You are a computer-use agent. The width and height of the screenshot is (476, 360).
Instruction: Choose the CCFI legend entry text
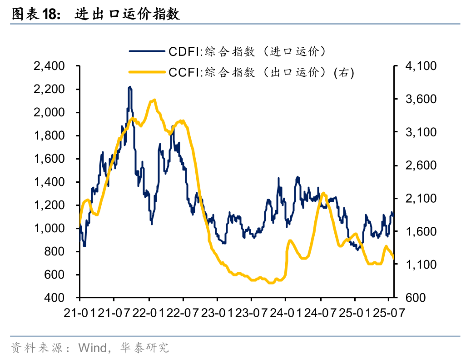(x=261, y=72)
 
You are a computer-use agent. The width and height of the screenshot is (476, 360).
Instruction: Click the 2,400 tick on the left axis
(x=49, y=66)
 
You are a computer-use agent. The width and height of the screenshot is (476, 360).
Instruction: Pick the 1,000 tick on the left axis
(x=49, y=229)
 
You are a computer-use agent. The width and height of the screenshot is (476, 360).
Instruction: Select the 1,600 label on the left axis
(x=49, y=159)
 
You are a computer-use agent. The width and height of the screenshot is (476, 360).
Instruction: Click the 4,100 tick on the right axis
(x=421, y=66)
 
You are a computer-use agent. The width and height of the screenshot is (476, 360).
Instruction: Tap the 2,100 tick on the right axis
(x=421, y=199)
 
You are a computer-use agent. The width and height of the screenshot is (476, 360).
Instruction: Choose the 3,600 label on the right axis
(x=421, y=100)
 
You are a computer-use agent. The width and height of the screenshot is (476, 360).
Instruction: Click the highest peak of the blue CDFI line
(x=129, y=87)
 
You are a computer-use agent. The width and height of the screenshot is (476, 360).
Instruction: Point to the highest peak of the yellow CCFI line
(x=154, y=100)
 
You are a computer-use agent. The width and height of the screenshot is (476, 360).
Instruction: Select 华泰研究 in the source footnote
(x=144, y=348)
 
